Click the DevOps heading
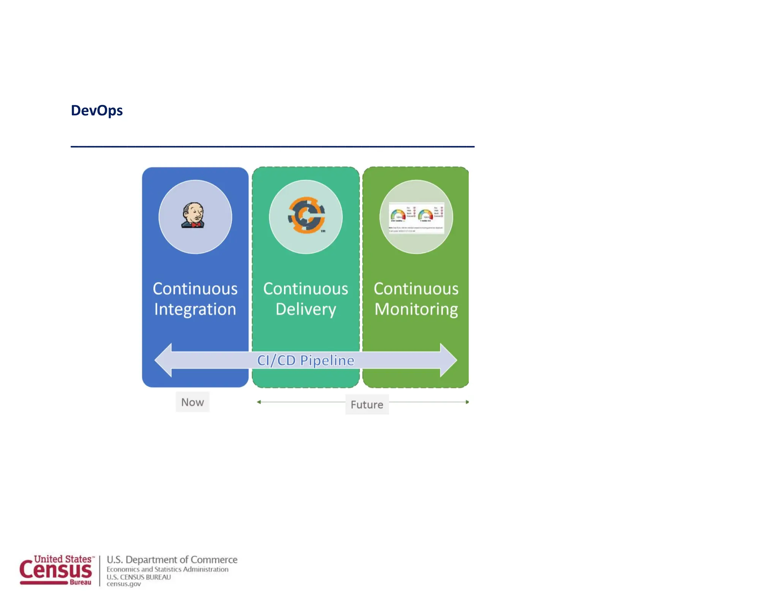tap(96, 111)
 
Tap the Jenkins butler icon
tap(193, 215)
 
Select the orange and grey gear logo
tap(306, 215)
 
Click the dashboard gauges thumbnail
tap(416, 218)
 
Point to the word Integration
tap(195, 309)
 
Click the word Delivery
tap(306, 309)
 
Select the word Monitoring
tap(416, 309)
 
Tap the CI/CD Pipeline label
tap(306, 360)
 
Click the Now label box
tap(192, 402)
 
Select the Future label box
tap(367, 405)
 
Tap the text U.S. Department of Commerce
tap(172, 560)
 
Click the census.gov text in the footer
tap(123, 584)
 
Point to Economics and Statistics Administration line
tap(167, 569)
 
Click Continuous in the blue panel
tap(195, 289)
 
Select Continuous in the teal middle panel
tap(306, 289)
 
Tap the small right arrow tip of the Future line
tap(467, 402)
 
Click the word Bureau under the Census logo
tap(80, 582)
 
